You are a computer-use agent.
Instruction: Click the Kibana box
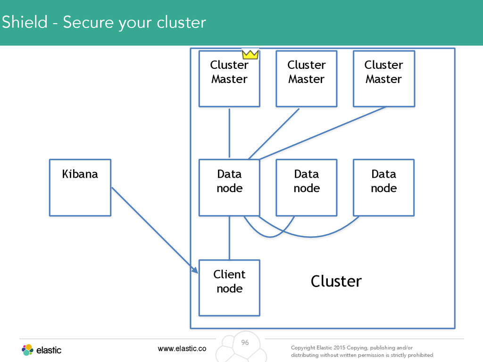[80, 188]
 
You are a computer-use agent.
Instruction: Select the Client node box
[230, 288]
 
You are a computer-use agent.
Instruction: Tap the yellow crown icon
[250, 55]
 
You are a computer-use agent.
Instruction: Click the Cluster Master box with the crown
[230, 79]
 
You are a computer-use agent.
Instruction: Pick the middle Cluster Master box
[307, 79]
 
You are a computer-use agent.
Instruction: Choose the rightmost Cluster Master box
[384, 79]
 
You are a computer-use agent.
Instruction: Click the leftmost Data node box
[230, 188]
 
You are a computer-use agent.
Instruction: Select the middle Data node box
[307, 188]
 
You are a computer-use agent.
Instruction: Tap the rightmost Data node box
[384, 188]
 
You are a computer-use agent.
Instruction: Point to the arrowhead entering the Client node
[195, 270]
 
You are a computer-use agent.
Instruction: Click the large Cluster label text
[336, 281]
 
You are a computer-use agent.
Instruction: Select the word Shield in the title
[25, 22]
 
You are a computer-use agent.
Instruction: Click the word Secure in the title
[88, 22]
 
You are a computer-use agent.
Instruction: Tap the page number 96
[245, 342]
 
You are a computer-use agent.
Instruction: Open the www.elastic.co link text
[182, 348]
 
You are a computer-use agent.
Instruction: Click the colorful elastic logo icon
[27, 350]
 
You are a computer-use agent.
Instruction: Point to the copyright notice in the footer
[362, 351]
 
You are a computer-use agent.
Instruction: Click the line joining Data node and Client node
[230, 238]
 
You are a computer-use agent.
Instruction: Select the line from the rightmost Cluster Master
[322, 133]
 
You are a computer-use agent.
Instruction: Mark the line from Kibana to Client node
[155, 230]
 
